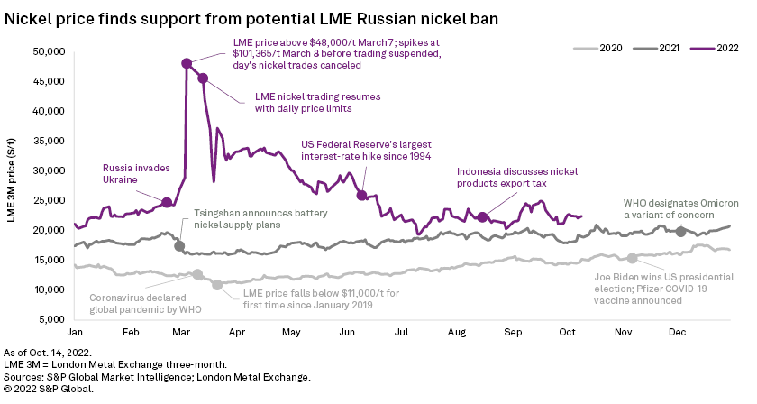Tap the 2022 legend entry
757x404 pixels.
(x=718, y=46)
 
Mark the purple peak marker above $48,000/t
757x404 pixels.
(x=187, y=63)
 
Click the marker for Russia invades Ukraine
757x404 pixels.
(x=167, y=202)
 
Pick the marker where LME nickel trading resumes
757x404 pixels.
(x=203, y=78)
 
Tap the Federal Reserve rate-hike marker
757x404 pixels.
(x=362, y=196)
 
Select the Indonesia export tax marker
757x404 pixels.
(x=483, y=217)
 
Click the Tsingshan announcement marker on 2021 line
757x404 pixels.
(x=179, y=245)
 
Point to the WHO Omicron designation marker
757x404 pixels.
(x=680, y=232)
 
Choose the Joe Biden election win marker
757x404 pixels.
(x=632, y=259)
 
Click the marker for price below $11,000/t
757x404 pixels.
(x=216, y=285)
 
